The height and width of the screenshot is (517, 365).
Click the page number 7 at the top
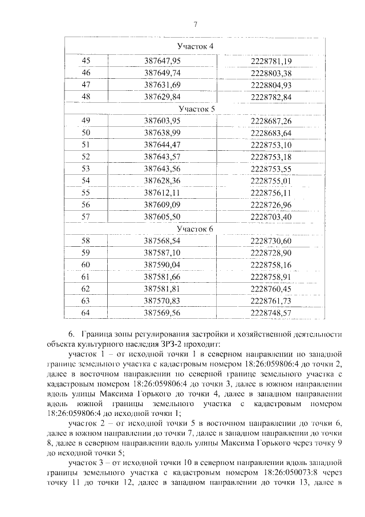pos(195,23)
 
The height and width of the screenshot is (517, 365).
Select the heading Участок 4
pos(196,46)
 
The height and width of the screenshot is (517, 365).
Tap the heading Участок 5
pos(196,109)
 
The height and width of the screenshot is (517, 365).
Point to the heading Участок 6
pos(196,229)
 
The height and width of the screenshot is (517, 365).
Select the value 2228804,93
pos(271,85)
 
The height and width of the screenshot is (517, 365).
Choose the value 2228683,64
pos(271,133)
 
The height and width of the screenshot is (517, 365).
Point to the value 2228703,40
pos(271,217)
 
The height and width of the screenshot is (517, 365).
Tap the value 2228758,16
pos(271,265)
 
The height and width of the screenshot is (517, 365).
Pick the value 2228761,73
pos(271,301)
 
